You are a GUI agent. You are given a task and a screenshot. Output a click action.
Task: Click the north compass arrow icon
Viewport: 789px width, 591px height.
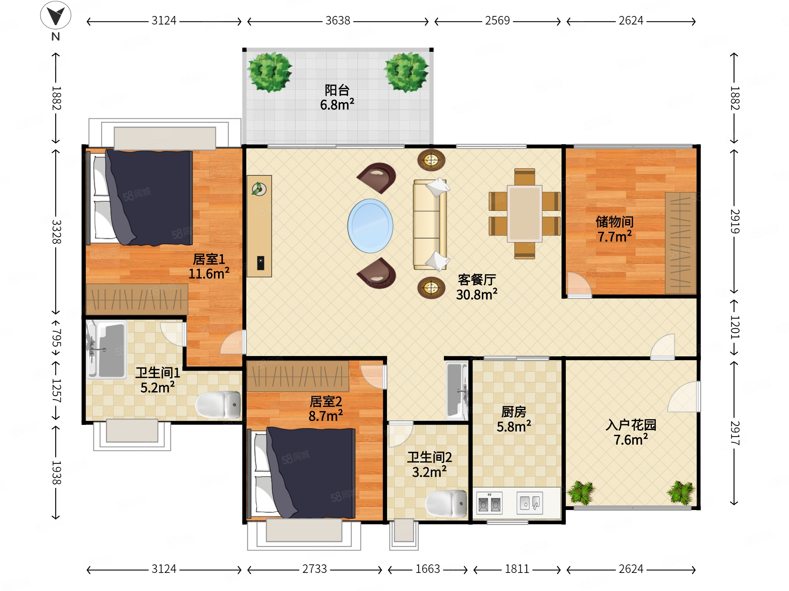click(55, 15)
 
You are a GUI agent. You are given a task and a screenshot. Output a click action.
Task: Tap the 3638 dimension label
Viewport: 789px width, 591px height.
click(337, 21)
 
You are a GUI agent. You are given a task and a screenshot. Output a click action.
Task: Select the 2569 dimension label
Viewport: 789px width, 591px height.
click(497, 21)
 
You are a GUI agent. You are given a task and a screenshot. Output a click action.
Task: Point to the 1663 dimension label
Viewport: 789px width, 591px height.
click(427, 569)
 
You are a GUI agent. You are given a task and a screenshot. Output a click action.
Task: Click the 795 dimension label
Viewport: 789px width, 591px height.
click(57, 338)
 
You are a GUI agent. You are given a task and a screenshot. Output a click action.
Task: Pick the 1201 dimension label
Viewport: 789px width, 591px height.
click(735, 327)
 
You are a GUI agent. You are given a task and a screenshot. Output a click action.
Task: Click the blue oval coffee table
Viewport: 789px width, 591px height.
click(370, 226)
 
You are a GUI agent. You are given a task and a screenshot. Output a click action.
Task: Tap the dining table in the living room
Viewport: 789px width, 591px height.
click(524, 214)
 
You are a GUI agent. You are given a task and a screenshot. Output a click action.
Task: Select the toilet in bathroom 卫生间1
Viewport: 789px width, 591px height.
click(218, 405)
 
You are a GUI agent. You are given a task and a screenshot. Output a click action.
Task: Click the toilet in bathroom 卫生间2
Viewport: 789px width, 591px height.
click(446, 504)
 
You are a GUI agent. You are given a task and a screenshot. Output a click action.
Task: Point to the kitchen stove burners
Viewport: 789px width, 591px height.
click(489, 503)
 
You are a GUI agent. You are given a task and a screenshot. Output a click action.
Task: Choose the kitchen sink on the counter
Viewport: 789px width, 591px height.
click(530, 503)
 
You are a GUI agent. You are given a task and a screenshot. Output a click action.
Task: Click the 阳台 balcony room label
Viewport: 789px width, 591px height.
click(337, 90)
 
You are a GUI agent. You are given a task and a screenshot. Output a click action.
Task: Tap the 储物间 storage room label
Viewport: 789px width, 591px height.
click(614, 222)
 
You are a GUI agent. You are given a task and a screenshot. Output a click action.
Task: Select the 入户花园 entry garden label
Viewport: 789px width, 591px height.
click(630, 425)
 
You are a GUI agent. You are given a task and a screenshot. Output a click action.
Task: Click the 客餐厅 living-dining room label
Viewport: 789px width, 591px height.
click(477, 280)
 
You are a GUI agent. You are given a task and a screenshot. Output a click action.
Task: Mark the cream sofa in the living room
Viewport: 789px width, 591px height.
click(430, 224)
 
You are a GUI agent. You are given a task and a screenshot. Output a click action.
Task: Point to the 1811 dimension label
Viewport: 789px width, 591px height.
click(517, 569)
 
